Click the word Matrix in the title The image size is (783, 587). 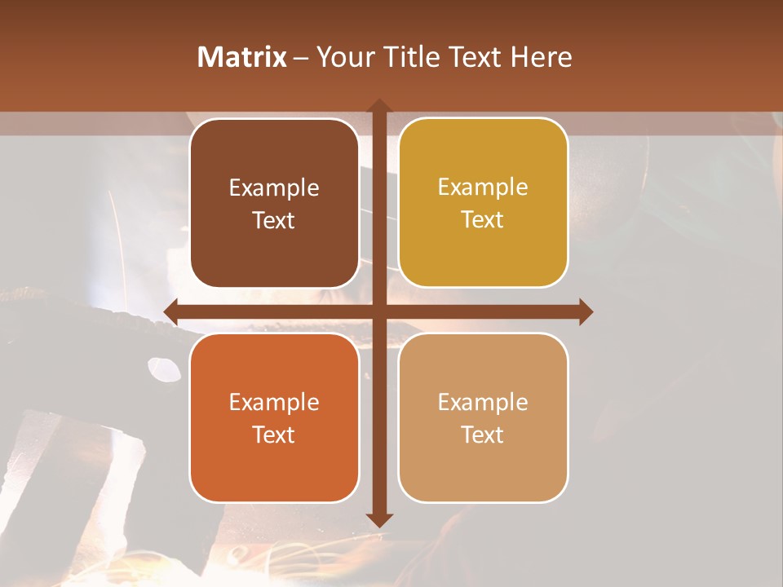tap(242, 57)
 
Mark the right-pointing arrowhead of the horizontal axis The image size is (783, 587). tap(585, 311)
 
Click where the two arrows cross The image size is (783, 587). tap(378, 311)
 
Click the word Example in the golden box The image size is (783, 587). tap(483, 188)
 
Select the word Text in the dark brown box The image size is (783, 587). tap(273, 220)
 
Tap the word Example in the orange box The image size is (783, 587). tap(273, 402)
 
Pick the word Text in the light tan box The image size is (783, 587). tap(483, 435)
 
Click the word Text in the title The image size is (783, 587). tap(476, 57)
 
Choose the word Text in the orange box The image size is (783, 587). tap(273, 435)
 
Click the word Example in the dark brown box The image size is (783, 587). tap(273, 188)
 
